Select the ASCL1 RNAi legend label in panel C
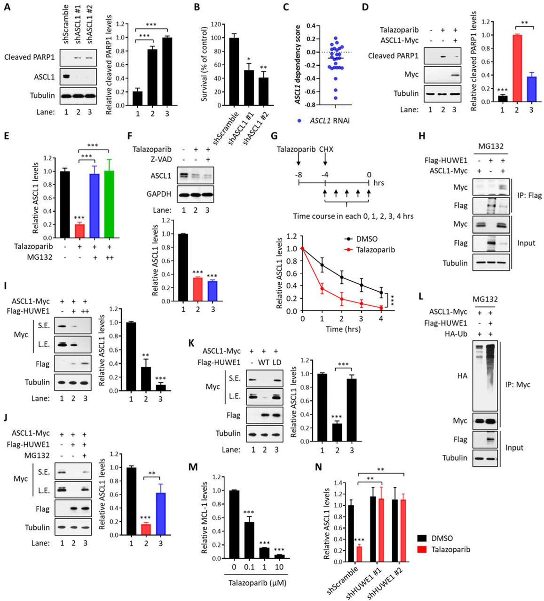[x=329, y=121]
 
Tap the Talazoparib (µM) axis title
[x=257, y=583]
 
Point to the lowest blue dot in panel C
[x=323, y=98]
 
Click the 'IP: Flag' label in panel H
[x=529, y=195]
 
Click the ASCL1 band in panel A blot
[x=66, y=77]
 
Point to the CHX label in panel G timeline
[x=326, y=149]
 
